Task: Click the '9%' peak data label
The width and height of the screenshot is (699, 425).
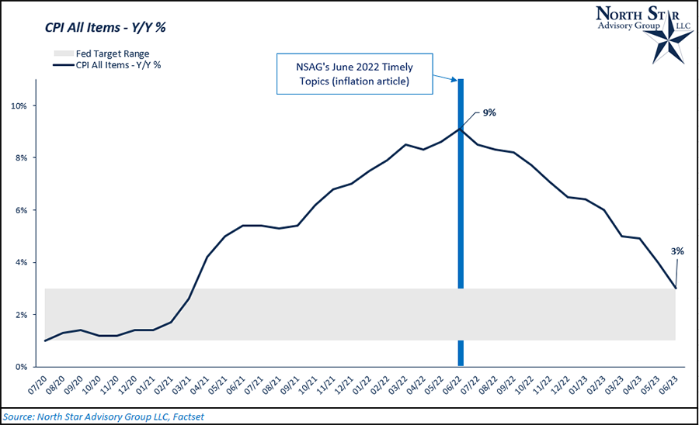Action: (x=489, y=113)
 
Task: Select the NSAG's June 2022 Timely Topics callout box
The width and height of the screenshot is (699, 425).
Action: (x=354, y=75)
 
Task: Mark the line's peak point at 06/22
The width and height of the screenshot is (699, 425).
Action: (x=461, y=129)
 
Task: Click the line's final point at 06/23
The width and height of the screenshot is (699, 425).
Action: (x=676, y=289)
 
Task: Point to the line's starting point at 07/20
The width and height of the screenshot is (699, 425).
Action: (x=45, y=340)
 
